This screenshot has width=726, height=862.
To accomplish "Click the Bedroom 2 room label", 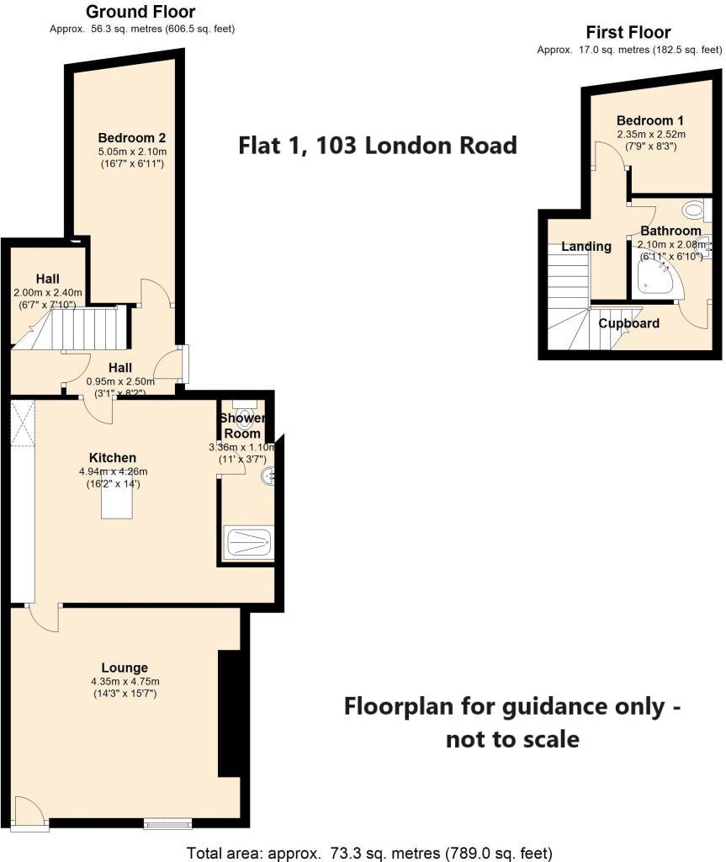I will pyautogui.click(x=130, y=138).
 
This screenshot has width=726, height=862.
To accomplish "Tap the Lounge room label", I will pyautogui.click(x=125, y=668).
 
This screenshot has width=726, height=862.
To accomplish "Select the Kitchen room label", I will pyautogui.click(x=113, y=457).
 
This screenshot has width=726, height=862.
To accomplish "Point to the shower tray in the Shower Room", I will pyautogui.click(x=249, y=543).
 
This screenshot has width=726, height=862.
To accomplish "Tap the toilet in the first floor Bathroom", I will pyautogui.click(x=694, y=210).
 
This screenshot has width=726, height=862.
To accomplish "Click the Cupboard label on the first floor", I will pyautogui.click(x=628, y=323).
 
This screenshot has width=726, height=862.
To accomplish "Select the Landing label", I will pyautogui.click(x=586, y=247).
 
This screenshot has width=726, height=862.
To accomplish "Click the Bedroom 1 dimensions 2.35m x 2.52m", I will pyautogui.click(x=650, y=134).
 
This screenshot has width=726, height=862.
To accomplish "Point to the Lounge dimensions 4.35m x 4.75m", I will pyautogui.click(x=125, y=681).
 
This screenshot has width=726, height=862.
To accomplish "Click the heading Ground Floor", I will pyautogui.click(x=141, y=12).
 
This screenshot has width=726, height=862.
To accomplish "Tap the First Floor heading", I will pyautogui.click(x=628, y=33).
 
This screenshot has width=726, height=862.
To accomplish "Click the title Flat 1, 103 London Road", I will pyautogui.click(x=378, y=146).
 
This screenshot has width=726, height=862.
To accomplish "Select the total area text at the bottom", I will pyautogui.click(x=369, y=853).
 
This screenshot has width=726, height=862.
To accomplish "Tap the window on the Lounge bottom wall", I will pyautogui.click(x=167, y=823).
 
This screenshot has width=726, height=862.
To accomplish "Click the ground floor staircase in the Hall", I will pyautogui.click(x=84, y=327).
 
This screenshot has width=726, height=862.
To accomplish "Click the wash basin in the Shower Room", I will pyautogui.click(x=268, y=476).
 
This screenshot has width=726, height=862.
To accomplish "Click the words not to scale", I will pyautogui.click(x=512, y=739).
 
